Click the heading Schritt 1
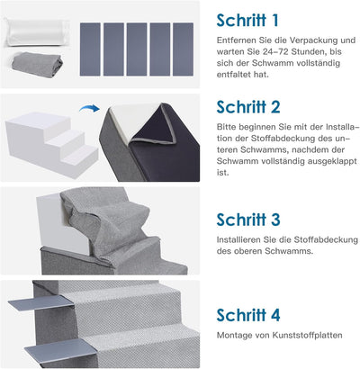(x=247, y=21)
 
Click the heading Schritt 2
(x=248, y=107)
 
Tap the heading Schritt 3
(x=248, y=220)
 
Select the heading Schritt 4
(x=248, y=315)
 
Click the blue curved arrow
(x=89, y=108)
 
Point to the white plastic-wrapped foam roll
(x=37, y=32)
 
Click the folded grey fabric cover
(x=37, y=65)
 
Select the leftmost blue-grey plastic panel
(x=90, y=49)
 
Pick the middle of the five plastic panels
(x=137, y=49)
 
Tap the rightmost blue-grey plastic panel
(x=183, y=49)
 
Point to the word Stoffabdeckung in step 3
(x=326, y=240)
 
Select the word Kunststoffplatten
(x=307, y=335)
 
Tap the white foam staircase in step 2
(x=51, y=143)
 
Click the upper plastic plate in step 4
(x=41, y=302)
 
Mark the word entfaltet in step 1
(x=234, y=75)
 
